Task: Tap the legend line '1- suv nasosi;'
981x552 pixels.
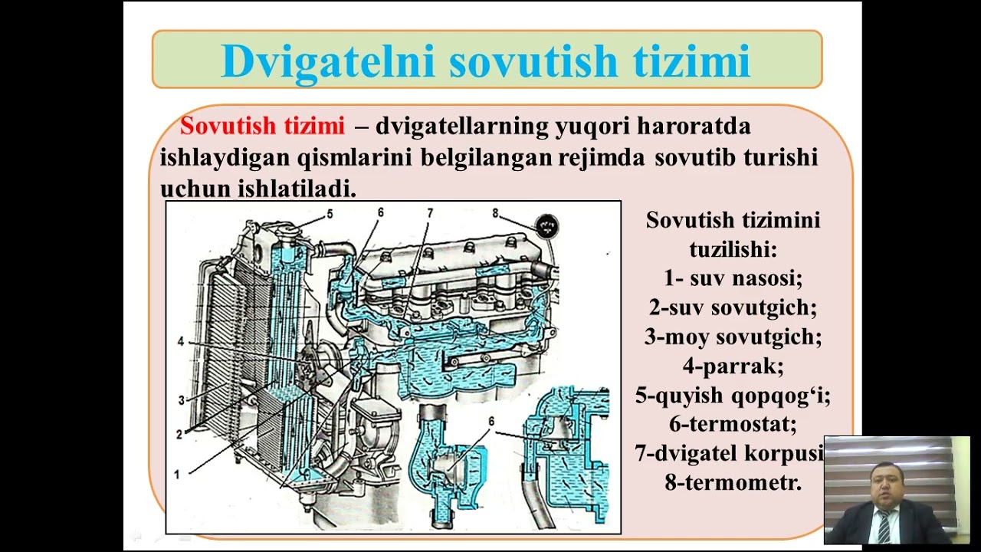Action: click(x=733, y=278)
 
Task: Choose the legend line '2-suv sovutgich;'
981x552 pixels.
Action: click(x=733, y=307)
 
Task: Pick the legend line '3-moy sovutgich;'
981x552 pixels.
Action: click(x=733, y=337)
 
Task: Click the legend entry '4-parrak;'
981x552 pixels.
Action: click(x=733, y=366)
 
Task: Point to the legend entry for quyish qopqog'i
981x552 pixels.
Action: click(x=733, y=396)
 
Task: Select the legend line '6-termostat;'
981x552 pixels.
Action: click(x=733, y=424)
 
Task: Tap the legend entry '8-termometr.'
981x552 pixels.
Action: click(x=733, y=483)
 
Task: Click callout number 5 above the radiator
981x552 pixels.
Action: click(x=330, y=215)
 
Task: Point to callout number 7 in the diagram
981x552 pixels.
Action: click(x=430, y=212)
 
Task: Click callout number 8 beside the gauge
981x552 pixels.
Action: click(x=496, y=213)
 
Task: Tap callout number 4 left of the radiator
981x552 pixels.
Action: click(x=181, y=342)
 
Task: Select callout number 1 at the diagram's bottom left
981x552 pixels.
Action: click(x=176, y=475)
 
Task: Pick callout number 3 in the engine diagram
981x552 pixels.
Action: click(x=182, y=400)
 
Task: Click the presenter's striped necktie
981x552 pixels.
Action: click(x=884, y=526)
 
